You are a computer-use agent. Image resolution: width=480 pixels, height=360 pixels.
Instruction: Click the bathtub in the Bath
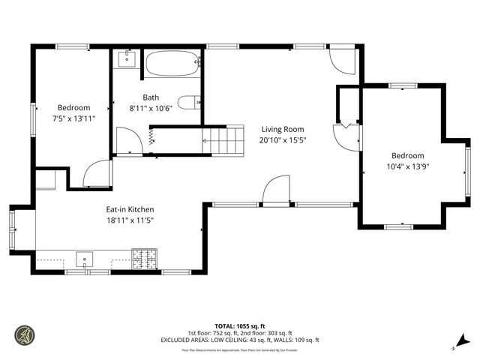(x=172, y=64)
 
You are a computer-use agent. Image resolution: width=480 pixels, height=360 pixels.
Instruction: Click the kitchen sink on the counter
(x=85, y=260)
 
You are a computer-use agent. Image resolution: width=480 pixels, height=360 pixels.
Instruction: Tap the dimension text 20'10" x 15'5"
(x=283, y=139)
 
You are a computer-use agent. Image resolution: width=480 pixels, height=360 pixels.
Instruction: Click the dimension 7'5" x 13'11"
(x=73, y=118)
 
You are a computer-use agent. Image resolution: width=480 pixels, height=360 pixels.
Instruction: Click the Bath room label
(x=151, y=97)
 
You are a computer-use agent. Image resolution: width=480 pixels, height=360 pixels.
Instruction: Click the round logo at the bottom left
(x=25, y=334)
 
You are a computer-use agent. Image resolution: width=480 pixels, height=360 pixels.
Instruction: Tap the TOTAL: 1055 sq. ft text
(x=240, y=327)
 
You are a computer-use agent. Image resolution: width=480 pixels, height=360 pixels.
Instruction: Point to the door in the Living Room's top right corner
(x=340, y=62)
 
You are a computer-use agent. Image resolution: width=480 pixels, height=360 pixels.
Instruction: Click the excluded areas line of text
(x=240, y=340)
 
